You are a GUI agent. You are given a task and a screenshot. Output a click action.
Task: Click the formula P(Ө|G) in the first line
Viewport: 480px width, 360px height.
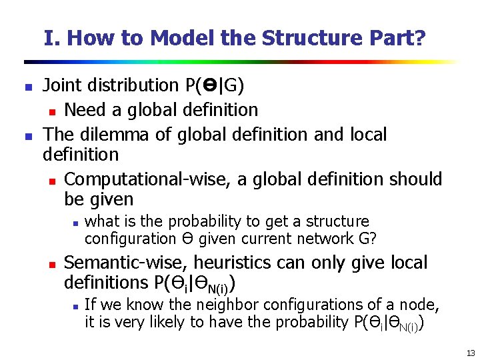tap(215, 85)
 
